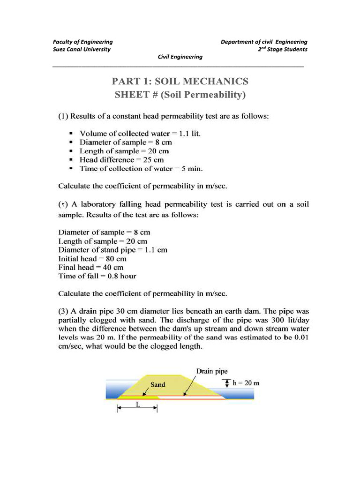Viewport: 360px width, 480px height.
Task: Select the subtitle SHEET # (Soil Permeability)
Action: pos(180,95)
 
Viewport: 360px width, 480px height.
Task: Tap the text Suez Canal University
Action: pos(82,49)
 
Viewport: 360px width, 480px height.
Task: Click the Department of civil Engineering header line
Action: pos(264,42)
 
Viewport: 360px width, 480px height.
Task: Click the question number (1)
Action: pos(63,117)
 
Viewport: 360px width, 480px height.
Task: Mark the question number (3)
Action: pos(63,311)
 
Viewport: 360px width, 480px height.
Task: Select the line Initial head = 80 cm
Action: pos(92,259)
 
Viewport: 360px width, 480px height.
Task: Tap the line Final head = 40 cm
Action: pos(90,268)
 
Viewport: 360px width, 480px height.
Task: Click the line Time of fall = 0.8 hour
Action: pos(97,276)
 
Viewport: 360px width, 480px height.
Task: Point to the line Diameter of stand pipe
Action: pos(112,250)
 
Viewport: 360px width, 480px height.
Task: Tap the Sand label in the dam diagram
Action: pos(157,385)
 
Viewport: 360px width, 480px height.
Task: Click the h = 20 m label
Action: pos(246,383)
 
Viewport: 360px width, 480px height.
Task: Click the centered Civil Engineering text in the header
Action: pos(180,57)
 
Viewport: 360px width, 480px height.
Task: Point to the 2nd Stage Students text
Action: pos(283,49)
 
